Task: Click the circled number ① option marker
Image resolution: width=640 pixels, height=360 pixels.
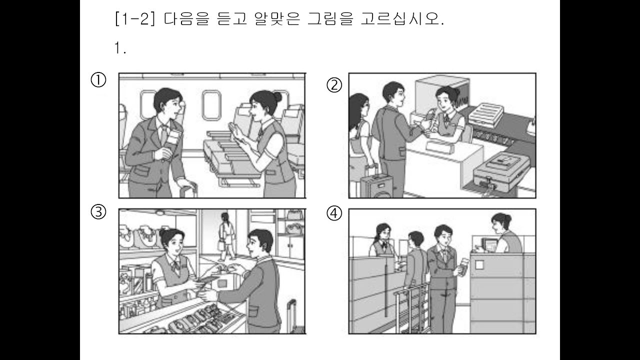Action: (x=98, y=80)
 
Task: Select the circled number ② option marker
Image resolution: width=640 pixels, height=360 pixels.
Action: (x=334, y=85)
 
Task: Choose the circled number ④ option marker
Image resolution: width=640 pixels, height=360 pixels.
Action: (x=334, y=213)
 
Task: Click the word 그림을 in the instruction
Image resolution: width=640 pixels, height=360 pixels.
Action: (x=330, y=19)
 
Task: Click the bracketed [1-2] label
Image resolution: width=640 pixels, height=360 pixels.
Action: (x=135, y=19)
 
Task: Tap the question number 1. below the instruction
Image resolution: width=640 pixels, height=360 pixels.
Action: (x=120, y=47)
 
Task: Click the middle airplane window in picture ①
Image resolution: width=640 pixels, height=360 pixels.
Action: (x=211, y=105)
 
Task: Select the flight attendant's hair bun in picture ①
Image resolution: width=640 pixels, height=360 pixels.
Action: (x=276, y=97)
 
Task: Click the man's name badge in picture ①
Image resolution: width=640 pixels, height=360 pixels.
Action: (x=173, y=137)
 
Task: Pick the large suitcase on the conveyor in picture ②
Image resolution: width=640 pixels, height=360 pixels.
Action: (x=501, y=171)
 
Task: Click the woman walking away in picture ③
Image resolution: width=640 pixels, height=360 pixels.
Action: (x=227, y=236)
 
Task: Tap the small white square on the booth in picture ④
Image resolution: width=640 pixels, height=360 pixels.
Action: (x=479, y=264)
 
